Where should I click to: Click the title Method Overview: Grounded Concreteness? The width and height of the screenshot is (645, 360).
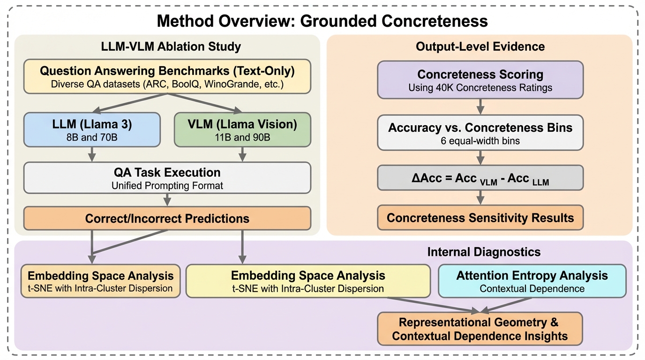322,21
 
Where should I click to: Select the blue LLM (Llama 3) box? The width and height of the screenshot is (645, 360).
92,129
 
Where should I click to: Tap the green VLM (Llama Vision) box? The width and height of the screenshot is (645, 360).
242,129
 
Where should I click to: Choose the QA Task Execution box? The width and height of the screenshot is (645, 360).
167,178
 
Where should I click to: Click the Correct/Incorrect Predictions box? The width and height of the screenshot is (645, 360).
167,218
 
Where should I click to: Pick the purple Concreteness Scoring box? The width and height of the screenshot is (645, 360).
480,80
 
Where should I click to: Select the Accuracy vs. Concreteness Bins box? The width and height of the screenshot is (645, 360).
480,133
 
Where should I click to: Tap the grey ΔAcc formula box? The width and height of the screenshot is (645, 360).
480,178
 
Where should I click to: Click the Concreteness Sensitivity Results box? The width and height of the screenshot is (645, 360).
480,217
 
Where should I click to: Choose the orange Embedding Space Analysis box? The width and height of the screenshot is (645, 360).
101,281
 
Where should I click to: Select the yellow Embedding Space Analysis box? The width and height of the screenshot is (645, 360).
308,281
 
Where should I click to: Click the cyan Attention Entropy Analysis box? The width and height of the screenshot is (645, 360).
532,281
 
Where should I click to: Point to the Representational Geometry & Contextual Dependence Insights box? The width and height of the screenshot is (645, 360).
480,329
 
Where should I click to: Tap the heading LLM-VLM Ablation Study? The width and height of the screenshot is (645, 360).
171,47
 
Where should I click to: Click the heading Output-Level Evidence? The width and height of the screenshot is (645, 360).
480,47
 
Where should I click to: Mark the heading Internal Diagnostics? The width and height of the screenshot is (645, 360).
484,252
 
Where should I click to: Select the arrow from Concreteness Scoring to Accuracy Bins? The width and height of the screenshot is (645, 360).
480,107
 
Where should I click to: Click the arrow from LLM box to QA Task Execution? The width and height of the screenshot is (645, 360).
92,153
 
